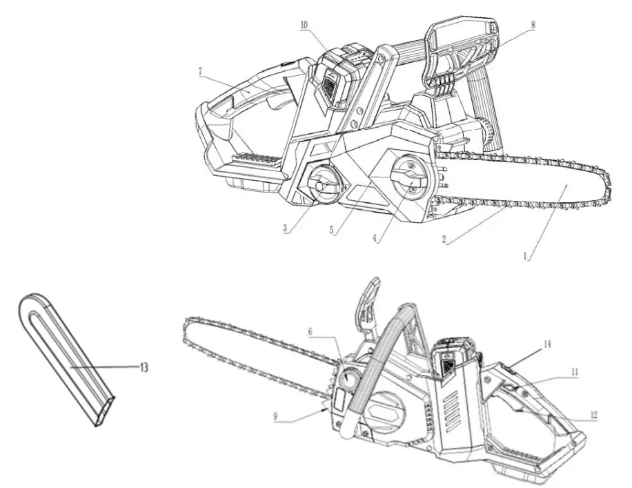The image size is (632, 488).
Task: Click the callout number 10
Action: [304, 25]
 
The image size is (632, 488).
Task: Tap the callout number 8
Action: [532, 25]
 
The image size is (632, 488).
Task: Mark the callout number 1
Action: [526, 255]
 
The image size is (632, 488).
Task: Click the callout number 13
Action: [144, 368]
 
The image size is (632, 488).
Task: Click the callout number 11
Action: [574, 371]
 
